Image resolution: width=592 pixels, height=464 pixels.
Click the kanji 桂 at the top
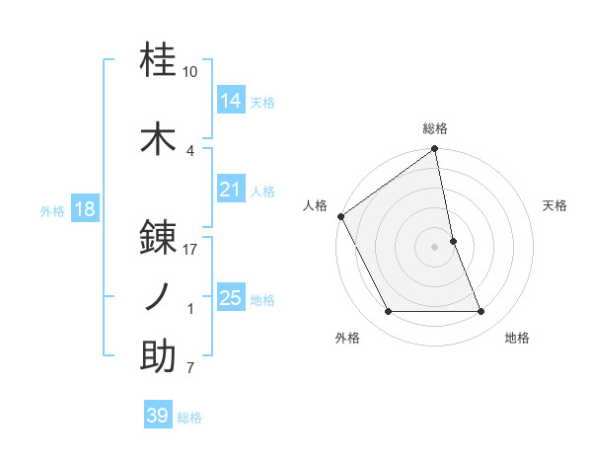pyautogui.click(x=159, y=61)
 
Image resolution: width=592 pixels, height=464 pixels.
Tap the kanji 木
pyautogui.click(x=159, y=139)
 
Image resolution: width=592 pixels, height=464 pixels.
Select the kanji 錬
pyautogui.click(x=159, y=237)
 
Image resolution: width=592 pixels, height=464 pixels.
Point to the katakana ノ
pyautogui.click(x=159, y=296)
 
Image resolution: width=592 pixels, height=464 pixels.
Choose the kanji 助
pyautogui.click(x=159, y=356)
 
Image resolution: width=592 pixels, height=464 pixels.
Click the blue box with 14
pyautogui.click(x=231, y=100)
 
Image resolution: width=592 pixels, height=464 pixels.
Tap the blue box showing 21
pyautogui.click(x=231, y=190)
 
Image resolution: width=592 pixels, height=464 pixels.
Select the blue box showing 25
pyautogui.click(x=231, y=298)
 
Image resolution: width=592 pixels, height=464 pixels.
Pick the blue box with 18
pyautogui.click(x=84, y=209)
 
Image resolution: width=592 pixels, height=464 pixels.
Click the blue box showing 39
pyautogui.click(x=158, y=416)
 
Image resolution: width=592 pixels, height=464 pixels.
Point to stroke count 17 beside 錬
pyautogui.click(x=190, y=250)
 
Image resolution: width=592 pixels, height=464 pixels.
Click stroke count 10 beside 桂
pyautogui.click(x=190, y=72)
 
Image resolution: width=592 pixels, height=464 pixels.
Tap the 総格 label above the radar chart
pyautogui.click(x=435, y=128)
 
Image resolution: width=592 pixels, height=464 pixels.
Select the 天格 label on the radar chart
pyautogui.click(x=555, y=205)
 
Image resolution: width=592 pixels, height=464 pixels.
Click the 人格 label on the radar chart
pyautogui.click(x=316, y=205)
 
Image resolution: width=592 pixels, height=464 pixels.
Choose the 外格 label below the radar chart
pyautogui.click(x=347, y=338)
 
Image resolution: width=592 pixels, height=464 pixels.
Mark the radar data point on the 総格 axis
pyautogui.click(x=435, y=150)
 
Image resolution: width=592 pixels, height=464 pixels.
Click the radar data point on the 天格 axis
pyautogui.click(x=453, y=240)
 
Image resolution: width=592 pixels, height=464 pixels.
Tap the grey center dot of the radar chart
pyautogui.click(x=435, y=246)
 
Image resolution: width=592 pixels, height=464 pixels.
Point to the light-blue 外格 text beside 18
pyautogui.click(x=51, y=210)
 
